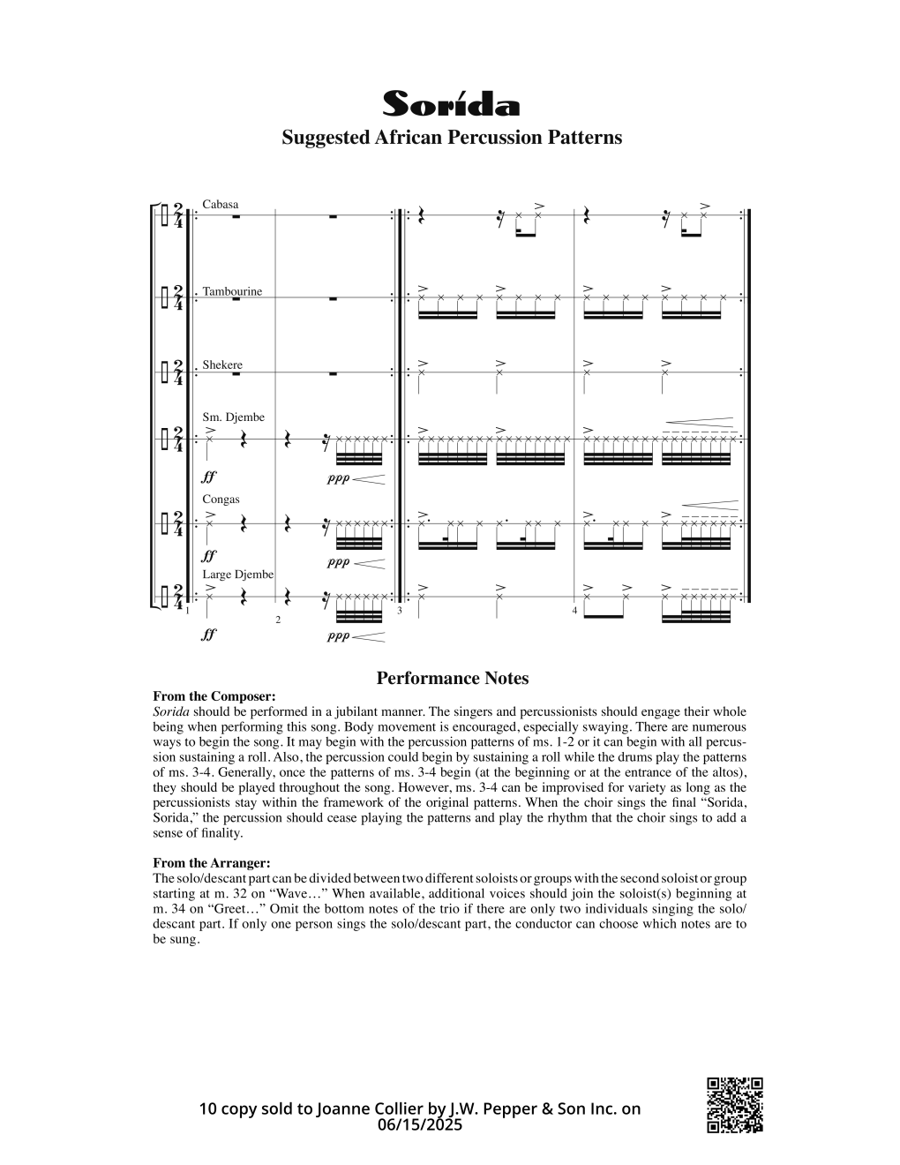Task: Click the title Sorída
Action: coord(451,104)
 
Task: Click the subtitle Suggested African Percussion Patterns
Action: coord(451,138)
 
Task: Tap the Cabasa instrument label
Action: coord(220,205)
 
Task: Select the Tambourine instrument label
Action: coord(231,291)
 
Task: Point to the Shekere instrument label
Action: coord(221,365)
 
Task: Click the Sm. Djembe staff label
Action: coord(233,417)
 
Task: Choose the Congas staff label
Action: coord(221,499)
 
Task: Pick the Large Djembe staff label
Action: coord(237,575)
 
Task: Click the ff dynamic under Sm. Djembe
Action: coord(208,477)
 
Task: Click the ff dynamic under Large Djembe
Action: coord(208,634)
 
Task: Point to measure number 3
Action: coord(400,610)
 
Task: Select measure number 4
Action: coord(574,610)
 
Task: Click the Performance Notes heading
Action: coord(452,679)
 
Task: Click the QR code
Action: coord(734,1104)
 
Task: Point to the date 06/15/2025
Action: coord(420,1124)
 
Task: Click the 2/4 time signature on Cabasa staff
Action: coord(178,214)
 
